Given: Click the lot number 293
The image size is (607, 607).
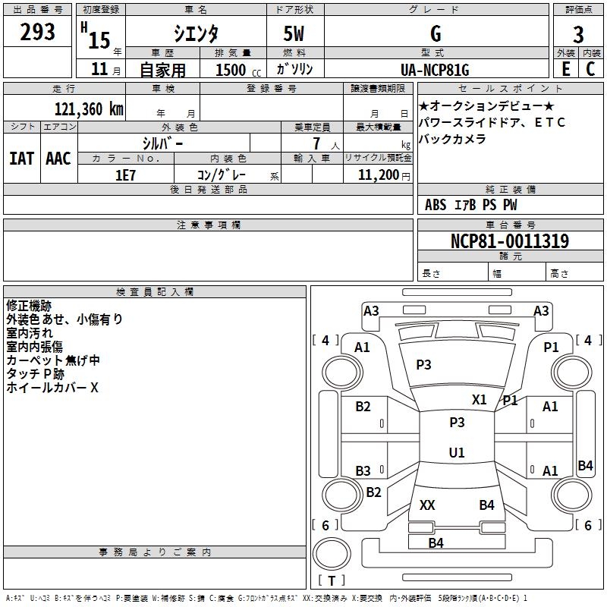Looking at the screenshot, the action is point(38,32).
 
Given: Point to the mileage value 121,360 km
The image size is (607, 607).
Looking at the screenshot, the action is point(88,109).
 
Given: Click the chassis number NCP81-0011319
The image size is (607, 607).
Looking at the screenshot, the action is point(510,241).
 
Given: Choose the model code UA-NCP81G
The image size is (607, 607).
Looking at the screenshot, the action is point(436,70).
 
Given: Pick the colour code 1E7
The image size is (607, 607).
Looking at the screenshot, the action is point(125,175).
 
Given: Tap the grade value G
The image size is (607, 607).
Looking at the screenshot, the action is point(436,33).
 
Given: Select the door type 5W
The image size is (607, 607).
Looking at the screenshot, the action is point(294,33).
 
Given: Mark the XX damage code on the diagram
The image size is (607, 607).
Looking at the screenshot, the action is point(427,505).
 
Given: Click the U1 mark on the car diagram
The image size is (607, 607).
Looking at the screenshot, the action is point(457,453).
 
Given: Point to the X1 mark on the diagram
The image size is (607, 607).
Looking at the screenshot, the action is point(480,400).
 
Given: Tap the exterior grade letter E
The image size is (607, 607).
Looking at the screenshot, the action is point(566,69).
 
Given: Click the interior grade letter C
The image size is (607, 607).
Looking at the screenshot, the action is point(590,69).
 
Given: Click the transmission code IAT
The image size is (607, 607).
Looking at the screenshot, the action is point(21,159).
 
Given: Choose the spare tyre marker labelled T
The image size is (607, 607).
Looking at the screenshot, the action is point(331,581).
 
